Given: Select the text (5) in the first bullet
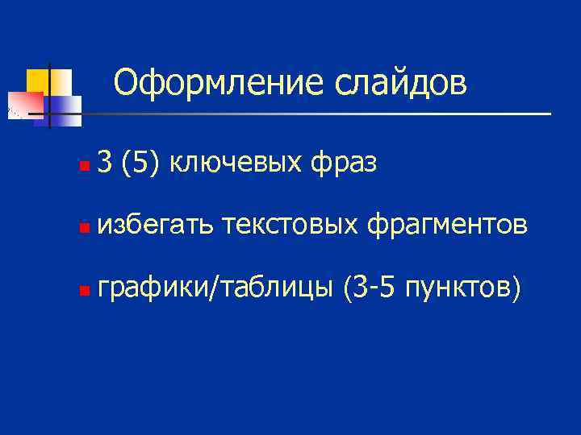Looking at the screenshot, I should (x=140, y=164).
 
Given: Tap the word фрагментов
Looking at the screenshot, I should (x=449, y=226).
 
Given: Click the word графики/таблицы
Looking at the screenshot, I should (x=214, y=288).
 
